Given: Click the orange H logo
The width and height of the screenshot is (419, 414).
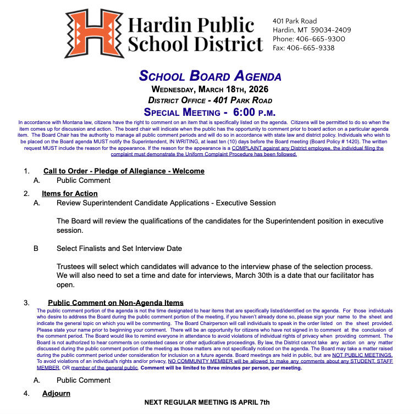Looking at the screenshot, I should tap(92, 33).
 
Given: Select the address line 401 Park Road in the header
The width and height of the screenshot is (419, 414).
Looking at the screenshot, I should tap(295, 21).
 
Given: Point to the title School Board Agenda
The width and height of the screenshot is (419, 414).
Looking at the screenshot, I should tap(210, 76).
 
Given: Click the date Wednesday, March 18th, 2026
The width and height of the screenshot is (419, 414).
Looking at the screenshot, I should tap(210, 89).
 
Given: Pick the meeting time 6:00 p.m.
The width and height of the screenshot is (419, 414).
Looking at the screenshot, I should tap(250, 112).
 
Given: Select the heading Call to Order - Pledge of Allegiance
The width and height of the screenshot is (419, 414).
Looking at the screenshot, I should tap(124, 171).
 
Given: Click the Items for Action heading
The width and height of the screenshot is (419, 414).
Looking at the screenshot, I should tap(70, 193).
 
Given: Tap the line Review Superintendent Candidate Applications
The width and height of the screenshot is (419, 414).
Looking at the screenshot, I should tap(166, 203).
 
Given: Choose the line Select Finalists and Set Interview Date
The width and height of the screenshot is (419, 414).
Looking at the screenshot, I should tap(119, 248).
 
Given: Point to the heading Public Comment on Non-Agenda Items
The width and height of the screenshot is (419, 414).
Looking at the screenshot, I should tap(115, 303).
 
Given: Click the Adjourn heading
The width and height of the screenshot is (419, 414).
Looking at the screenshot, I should tap(56, 393).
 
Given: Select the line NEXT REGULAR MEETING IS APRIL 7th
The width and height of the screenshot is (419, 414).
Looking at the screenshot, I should tap(207, 402).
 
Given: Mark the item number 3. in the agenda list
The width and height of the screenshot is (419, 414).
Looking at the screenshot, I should tap(26, 303).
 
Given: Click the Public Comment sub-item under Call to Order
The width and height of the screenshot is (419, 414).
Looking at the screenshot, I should tap(84, 180).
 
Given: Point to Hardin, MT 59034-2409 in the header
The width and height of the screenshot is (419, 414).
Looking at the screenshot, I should tap(312, 30).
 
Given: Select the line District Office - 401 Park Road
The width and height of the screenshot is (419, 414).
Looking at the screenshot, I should tap(210, 100).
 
